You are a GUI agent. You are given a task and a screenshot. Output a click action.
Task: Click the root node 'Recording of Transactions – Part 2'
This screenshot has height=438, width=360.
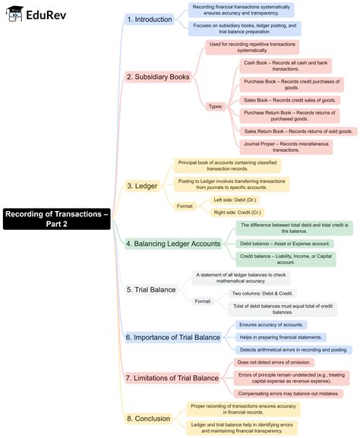pos(56,219)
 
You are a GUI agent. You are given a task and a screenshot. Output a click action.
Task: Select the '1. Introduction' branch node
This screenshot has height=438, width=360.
pos(150,19)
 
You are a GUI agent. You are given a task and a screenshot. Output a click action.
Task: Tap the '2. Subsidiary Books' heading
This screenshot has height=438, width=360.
pos(157,77)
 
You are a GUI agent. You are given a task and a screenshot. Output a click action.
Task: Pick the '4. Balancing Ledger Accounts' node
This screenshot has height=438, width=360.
pos(173,244)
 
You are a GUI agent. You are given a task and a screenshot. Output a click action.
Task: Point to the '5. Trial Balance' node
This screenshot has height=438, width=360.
pos(151,289)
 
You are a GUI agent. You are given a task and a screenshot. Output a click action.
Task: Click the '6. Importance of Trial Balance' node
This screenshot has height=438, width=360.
pos(172,337)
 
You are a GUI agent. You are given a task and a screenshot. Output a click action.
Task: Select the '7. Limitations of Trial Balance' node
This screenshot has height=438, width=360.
pos(172,377)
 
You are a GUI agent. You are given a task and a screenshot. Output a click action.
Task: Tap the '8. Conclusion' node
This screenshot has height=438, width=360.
pos(147,418)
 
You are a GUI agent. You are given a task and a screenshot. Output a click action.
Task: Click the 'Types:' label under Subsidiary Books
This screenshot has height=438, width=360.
pos(215,106)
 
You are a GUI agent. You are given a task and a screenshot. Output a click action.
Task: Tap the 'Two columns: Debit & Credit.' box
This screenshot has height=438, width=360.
pos(263,293)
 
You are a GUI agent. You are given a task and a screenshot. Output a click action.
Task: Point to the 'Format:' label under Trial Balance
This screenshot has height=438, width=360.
pos(203,301)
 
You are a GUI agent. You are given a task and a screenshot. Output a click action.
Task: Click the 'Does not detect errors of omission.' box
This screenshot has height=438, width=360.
pos(264,362)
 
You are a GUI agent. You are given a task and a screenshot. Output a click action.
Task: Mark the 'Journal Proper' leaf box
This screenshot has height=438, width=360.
pos(285,147)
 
